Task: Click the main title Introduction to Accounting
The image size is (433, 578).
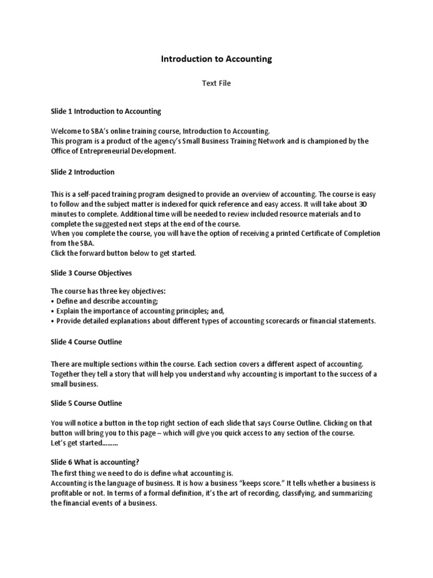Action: (216, 59)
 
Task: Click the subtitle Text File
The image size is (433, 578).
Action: (216, 84)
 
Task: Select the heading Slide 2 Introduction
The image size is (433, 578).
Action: (82, 172)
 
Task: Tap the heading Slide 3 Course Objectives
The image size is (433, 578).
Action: (91, 273)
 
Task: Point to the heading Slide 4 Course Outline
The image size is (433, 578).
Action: (86, 342)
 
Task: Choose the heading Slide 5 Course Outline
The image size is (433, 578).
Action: (86, 403)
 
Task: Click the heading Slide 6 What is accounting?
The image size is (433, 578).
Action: (95, 462)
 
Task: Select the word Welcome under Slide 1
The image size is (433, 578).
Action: (66, 131)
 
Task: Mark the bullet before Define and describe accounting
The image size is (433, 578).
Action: (52, 301)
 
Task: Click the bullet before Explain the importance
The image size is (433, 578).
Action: (52, 311)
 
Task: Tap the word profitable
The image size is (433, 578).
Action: (66, 493)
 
